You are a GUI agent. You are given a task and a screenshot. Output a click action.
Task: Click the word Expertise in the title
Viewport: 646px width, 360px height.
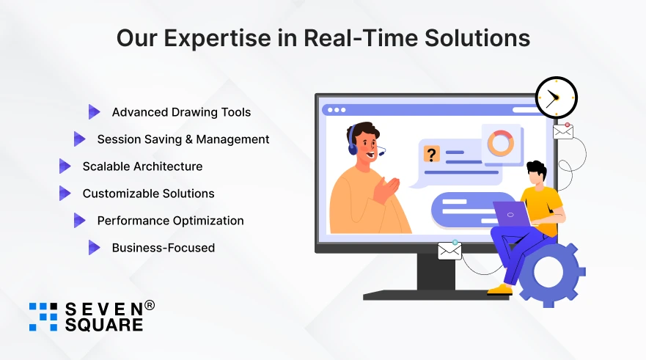[x=217, y=39]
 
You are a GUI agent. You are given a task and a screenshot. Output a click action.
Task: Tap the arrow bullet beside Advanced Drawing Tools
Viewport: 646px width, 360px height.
[x=94, y=111]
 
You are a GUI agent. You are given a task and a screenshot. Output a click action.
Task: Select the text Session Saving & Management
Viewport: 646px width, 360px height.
[x=183, y=139]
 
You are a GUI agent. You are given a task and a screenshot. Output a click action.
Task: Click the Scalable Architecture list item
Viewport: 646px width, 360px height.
[x=142, y=166]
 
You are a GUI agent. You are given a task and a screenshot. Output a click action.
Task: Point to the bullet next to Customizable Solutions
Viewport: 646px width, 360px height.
[x=65, y=193]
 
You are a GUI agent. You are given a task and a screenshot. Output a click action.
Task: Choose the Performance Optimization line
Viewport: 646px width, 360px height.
[x=170, y=221]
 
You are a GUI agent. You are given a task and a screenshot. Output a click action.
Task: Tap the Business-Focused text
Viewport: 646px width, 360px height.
[x=163, y=248]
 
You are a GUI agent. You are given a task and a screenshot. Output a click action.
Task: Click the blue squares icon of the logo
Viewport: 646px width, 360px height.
[x=43, y=317]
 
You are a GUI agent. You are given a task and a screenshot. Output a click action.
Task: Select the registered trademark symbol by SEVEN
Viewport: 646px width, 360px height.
[x=150, y=305]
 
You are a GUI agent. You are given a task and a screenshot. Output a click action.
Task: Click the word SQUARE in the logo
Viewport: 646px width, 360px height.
[x=104, y=325]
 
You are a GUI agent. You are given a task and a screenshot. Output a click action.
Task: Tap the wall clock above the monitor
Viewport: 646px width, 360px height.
[x=557, y=98]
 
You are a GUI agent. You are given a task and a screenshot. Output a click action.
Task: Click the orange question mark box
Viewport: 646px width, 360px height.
[x=431, y=154]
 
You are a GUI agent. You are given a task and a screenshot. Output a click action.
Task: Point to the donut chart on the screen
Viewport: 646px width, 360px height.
[x=501, y=144]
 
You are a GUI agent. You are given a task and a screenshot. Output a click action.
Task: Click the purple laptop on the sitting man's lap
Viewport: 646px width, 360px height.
[x=512, y=214]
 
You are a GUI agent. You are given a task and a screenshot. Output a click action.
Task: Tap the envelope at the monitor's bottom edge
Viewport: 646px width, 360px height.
[x=449, y=251]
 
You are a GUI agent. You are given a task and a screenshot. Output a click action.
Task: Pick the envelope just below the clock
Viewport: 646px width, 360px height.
[x=563, y=131]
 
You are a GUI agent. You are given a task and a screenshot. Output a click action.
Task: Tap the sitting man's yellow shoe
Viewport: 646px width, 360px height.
[x=500, y=290]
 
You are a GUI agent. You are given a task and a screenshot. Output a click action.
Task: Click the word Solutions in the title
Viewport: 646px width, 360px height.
[x=477, y=38]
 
